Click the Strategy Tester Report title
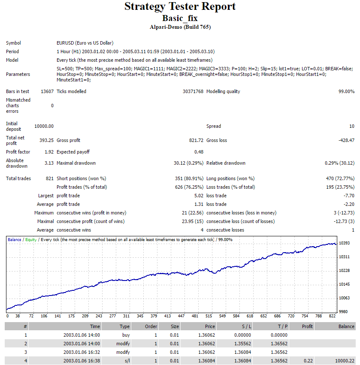(180, 6)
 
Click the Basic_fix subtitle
(180, 18)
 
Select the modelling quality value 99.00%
(347, 91)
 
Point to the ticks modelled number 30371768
(193, 91)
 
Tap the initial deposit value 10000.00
(44, 126)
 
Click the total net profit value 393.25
(47, 140)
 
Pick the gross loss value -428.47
(347, 140)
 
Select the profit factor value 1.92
(49, 152)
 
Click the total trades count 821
(50, 178)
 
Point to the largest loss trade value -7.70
(349, 196)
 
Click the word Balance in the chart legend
(15, 239)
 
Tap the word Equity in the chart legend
(31, 240)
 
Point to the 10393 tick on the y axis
(344, 243)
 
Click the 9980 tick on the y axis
(343, 312)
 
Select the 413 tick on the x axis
(167, 316)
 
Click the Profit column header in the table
(307, 326)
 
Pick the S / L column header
(247, 326)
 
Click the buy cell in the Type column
(126, 335)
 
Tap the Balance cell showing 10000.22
(345, 361)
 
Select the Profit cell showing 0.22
(309, 361)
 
